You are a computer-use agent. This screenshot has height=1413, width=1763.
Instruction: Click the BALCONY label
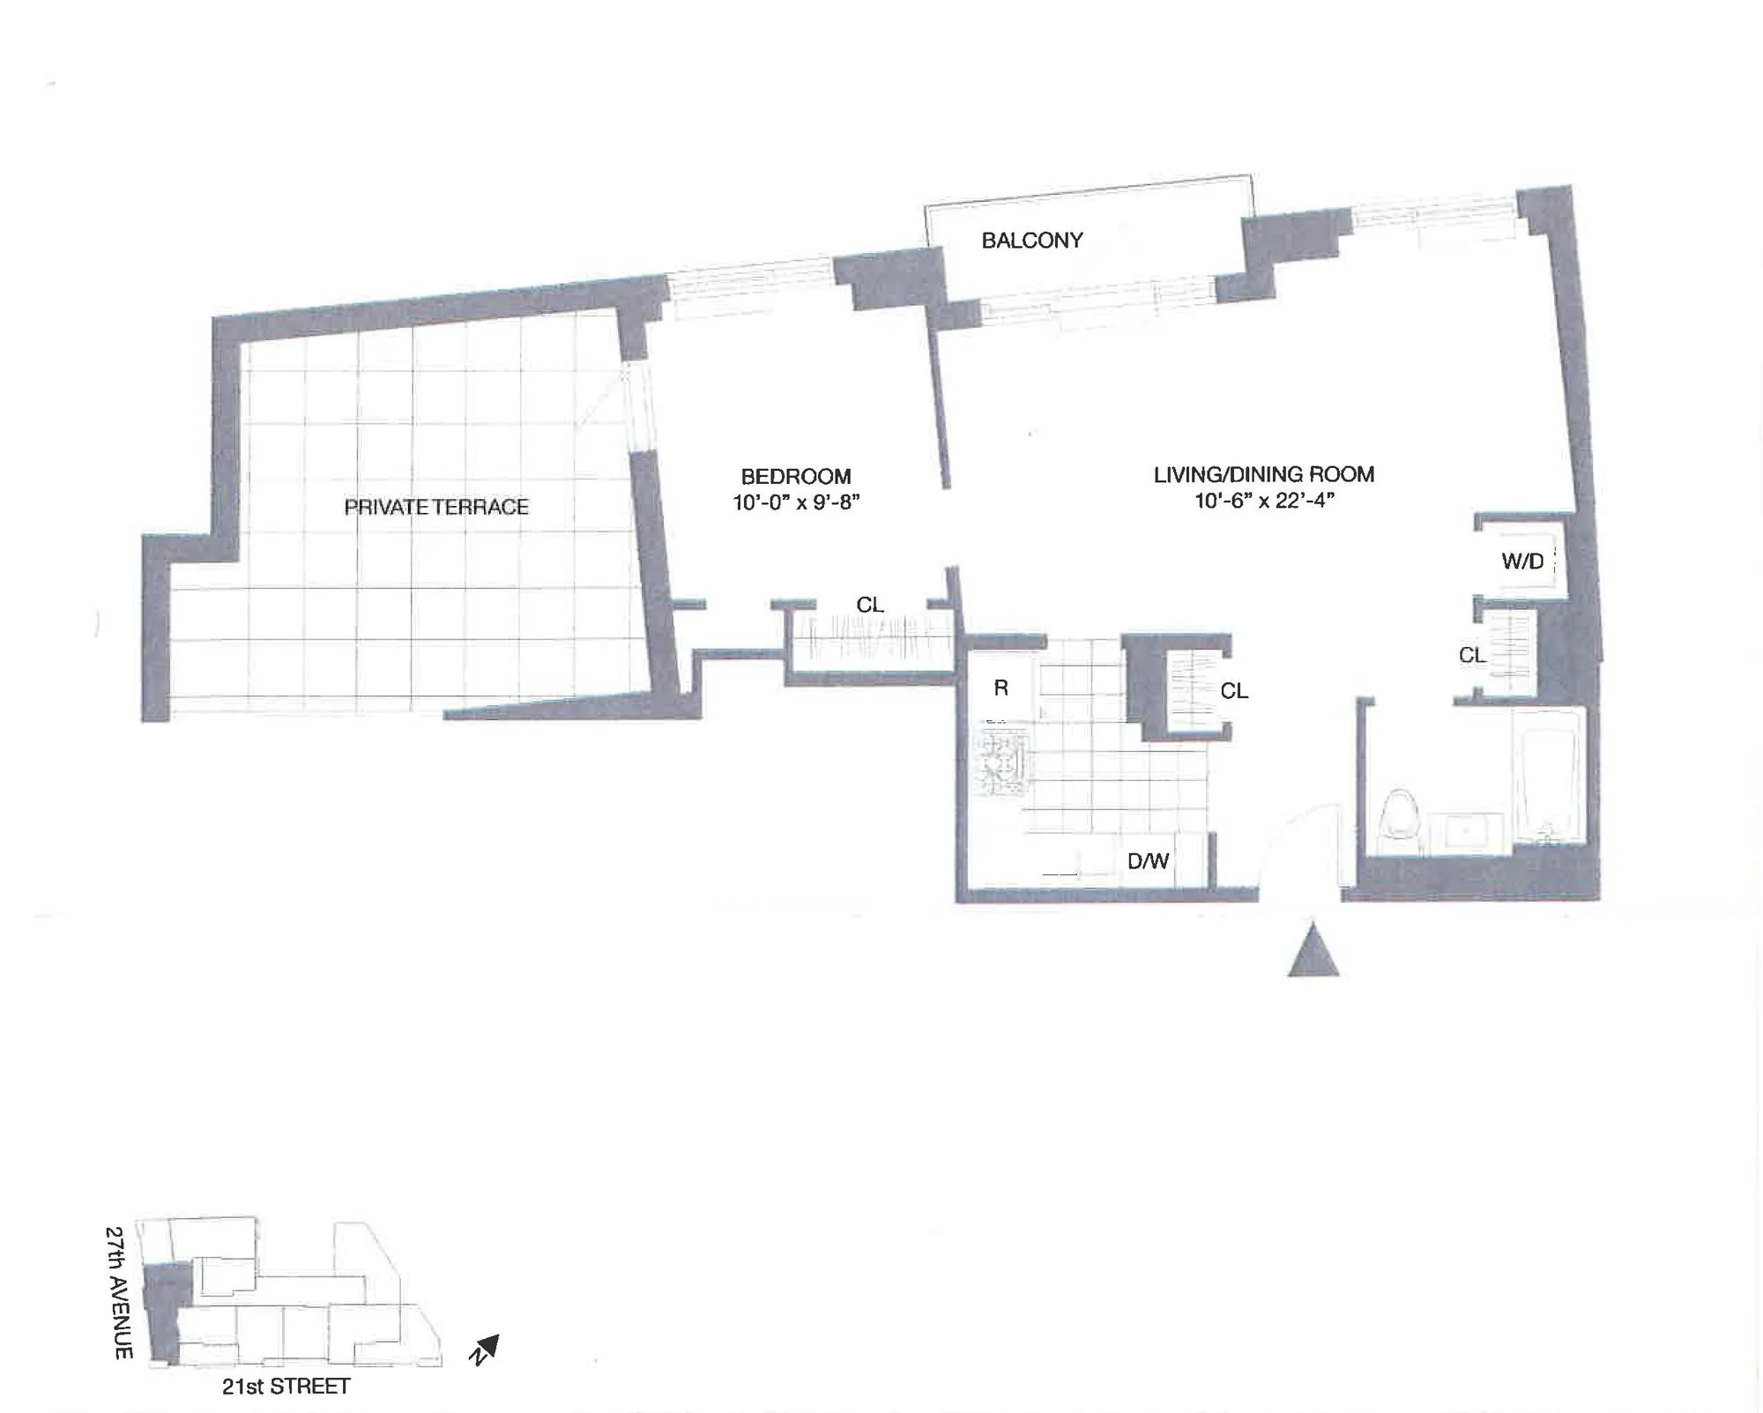1031,241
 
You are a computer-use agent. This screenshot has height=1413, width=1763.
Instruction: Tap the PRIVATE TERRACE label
436,507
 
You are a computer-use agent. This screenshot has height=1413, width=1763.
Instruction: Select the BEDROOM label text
796,477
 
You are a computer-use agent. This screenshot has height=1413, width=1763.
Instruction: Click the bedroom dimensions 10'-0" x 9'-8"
796,503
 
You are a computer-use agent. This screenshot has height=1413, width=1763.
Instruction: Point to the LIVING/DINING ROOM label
1263,474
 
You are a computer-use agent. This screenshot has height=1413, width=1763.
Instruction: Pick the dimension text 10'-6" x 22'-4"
1263,501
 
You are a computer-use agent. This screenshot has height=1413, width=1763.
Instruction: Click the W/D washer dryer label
1522,561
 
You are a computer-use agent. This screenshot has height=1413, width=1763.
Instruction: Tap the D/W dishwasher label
1148,861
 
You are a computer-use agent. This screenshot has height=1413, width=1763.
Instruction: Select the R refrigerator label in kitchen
1001,688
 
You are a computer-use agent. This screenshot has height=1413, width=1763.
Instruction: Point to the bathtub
1547,776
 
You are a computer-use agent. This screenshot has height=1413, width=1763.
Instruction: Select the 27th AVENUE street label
120,1292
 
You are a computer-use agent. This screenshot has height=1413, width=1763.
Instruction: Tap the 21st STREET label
286,1387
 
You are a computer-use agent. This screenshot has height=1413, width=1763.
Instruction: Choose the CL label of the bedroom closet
870,605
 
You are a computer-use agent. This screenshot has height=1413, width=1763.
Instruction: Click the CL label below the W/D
1472,655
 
